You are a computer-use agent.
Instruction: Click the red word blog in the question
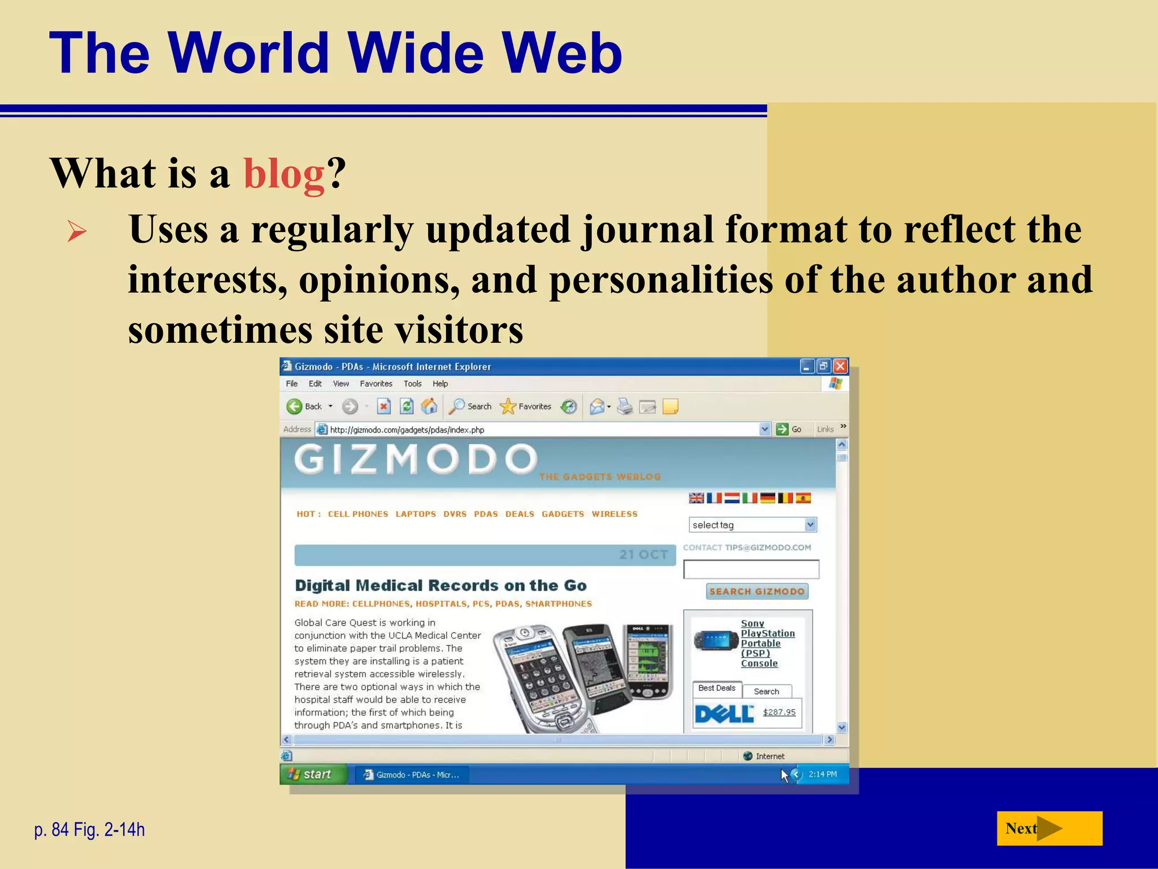pyautogui.click(x=284, y=173)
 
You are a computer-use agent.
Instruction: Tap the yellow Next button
pyautogui.click(x=1049, y=828)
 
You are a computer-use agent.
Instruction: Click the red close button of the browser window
pyautogui.click(x=840, y=367)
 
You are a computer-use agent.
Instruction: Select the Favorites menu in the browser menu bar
pyautogui.click(x=375, y=384)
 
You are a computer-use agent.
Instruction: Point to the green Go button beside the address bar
pyautogui.click(x=788, y=429)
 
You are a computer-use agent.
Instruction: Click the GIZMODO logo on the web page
pyautogui.click(x=416, y=459)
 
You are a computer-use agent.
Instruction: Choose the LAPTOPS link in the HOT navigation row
pyautogui.click(x=416, y=514)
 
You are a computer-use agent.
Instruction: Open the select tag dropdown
pyautogui.click(x=753, y=525)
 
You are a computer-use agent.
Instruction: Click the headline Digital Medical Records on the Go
pyautogui.click(x=440, y=586)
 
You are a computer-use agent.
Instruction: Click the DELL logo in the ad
pyautogui.click(x=724, y=714)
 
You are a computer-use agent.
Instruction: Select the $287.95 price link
pyautogui.click(x=779, y=712)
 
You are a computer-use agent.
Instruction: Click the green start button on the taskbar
pyautogui.click(x=312, y=774)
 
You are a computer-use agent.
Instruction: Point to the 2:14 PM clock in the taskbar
pyautogui.click(x=822, y=774)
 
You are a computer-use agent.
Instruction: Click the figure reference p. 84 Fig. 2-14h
pyautogui.click(x=89, y=829)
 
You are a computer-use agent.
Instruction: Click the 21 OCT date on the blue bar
pyautogui.click(x=643, y=555)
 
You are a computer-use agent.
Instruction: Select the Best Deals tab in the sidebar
pyautogui.click(x=716, y=689)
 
